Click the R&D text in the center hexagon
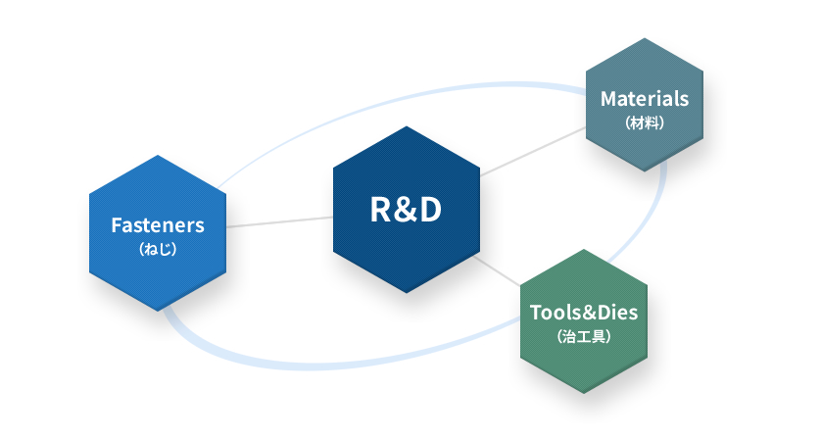pyautogui.click(x=406, y=210)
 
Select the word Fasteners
pyautogui.click(x=158, y=225)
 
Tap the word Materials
pyautogui.click(x=645, y=99)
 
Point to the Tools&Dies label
pyautogui.click(x=583, y=314)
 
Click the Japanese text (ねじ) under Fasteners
pyautogui.click(x=158, y=250)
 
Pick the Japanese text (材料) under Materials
pyautogui.click(x=645, y=123)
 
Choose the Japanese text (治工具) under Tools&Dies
pyautogui.click(x=583, y=337)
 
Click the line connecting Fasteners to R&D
pyautogui.click(x=279, y=221)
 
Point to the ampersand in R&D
pyautogui.click(x=406, y=210)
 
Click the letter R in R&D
pyautogui.click(x=381, y=210)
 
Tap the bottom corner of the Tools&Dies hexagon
pyautogui.click(x=583, y=393)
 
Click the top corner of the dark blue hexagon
pyautogui.click(x=406, y=125)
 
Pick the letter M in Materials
pyautogui.click(x=608, y=99)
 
